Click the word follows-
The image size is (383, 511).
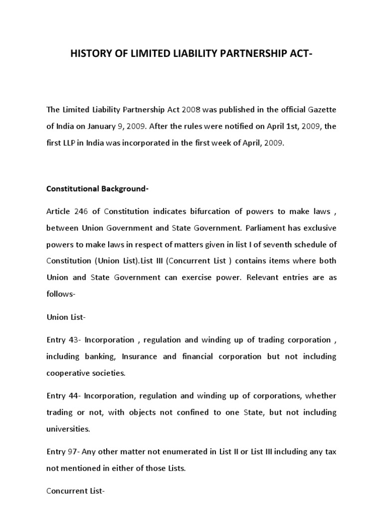pos(60,294)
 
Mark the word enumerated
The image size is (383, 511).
pos(177,452)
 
